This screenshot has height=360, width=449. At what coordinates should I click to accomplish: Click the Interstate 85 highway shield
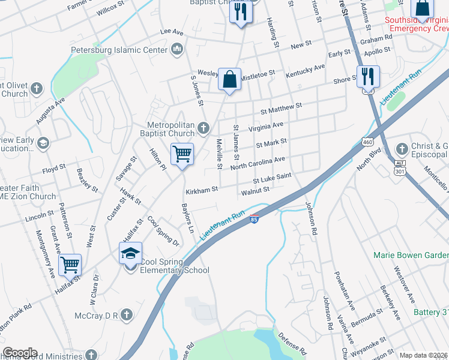[255, 219]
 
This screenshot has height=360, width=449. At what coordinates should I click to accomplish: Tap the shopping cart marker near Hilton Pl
[182, 154]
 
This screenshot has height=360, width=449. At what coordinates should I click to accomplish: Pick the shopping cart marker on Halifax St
[70, 264]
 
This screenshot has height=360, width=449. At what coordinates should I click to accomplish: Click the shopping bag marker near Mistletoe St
[229, 79]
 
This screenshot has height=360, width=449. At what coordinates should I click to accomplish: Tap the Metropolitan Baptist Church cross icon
[203, 128]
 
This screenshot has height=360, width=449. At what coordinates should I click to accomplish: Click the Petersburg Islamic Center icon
[176, 50]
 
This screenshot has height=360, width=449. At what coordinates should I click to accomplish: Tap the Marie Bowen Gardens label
[411, 255]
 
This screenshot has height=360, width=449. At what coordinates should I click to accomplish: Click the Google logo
[20, 353]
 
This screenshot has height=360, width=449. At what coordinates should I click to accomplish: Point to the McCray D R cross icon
[126, 314]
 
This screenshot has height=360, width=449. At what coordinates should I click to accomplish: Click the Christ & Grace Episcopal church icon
[402, 148]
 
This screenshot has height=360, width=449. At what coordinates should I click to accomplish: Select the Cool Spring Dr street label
[163, 232]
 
